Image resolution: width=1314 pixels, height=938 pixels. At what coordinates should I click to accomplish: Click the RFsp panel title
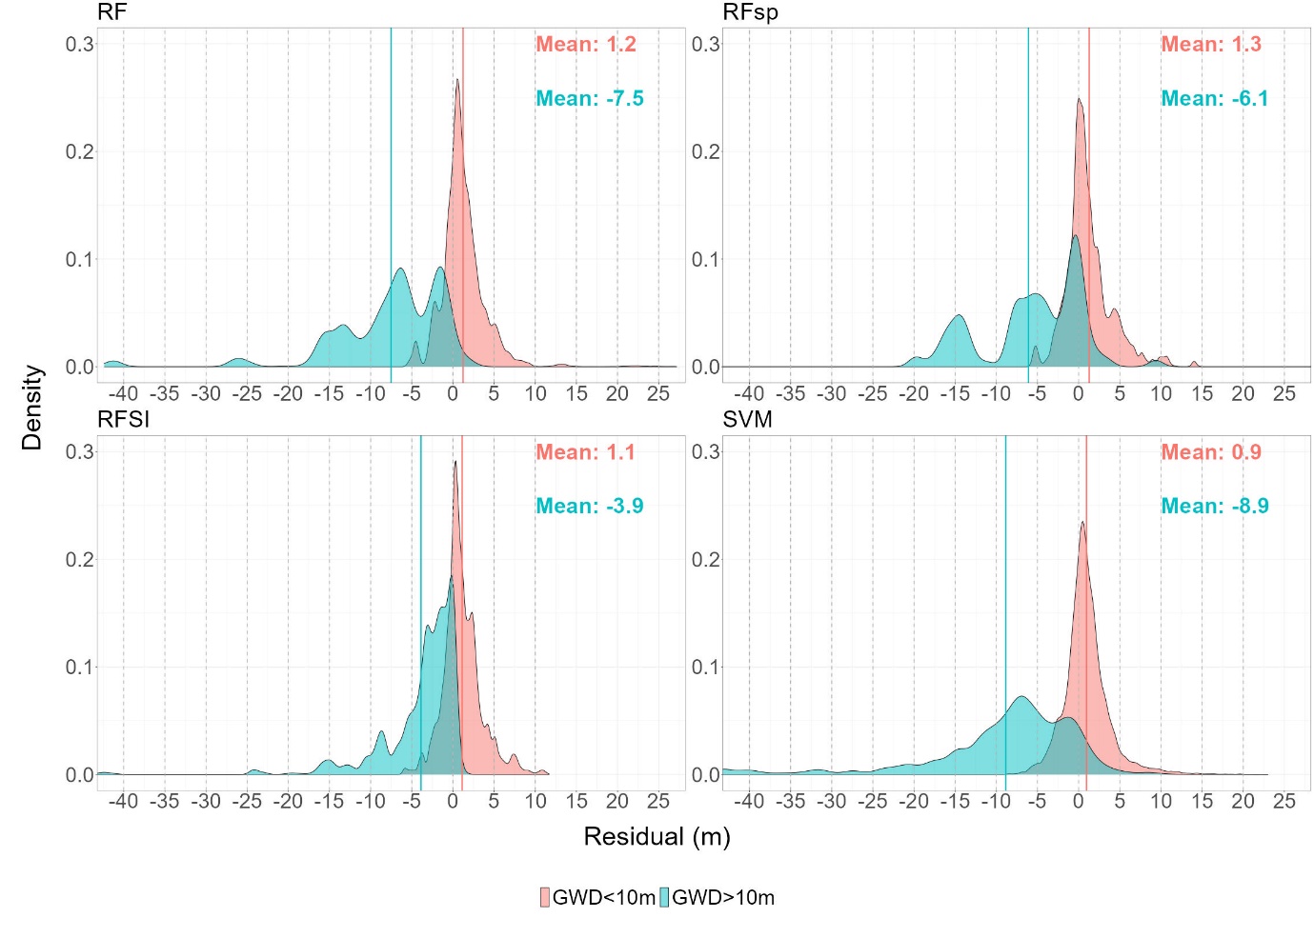750,12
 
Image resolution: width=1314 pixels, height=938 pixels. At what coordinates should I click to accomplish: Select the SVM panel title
747,420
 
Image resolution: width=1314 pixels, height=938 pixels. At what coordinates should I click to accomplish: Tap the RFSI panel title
123,420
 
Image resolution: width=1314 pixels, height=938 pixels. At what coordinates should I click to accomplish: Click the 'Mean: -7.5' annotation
589,99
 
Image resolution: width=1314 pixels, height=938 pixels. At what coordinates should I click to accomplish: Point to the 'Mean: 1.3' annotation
1210,45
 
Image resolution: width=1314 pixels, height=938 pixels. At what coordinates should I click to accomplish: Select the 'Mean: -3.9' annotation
589,507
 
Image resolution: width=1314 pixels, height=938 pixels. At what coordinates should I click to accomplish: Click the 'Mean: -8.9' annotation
1214,507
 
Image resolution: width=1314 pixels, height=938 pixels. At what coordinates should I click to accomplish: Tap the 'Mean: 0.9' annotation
1210,452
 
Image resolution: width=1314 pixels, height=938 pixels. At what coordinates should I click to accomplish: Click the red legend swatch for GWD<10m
545,897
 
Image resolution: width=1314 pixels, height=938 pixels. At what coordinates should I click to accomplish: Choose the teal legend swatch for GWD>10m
665,897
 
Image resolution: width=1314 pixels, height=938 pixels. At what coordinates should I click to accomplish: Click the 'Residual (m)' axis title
657,837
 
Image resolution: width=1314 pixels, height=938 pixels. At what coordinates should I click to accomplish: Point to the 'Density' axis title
32,408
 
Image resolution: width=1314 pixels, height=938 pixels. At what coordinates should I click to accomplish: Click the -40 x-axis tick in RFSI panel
123,802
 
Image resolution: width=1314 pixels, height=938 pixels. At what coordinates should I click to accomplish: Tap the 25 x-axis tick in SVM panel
1284,802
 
